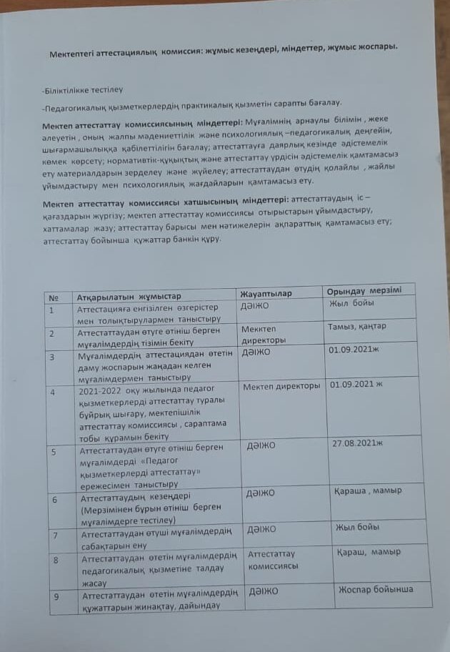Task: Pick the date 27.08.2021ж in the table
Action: click(358, 443)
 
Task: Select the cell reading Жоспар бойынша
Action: click(374, 589)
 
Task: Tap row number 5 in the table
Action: click(54, 452)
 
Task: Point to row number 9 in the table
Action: click(56, 596)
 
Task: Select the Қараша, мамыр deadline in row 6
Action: click(367, 490)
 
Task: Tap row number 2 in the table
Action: click(51, 334)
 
